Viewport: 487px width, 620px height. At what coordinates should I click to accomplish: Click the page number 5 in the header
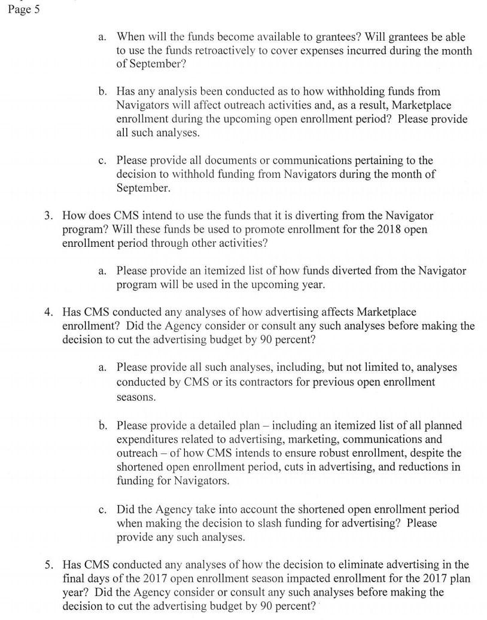point(36,10)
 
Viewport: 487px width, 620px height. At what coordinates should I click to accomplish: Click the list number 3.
point(47,216)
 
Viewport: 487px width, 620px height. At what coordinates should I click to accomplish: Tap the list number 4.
point(47,312)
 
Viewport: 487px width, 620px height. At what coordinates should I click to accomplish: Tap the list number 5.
point(47,565)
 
